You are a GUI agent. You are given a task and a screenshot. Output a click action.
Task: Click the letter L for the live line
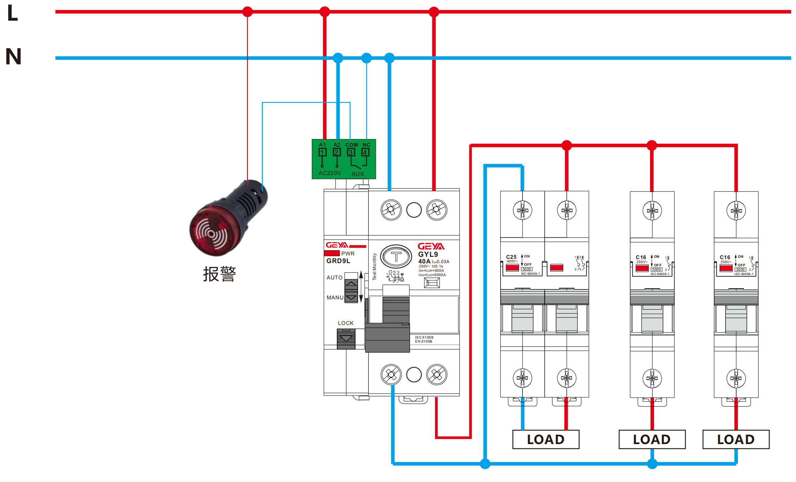point(13,13)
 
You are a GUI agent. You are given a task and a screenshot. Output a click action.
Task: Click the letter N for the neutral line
point(13,56)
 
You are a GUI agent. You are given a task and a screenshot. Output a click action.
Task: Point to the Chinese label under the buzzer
point(219,274)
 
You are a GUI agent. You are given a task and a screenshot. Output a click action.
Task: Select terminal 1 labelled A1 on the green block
point(322,152)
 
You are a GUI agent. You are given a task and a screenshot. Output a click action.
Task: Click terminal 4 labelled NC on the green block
point(365,152)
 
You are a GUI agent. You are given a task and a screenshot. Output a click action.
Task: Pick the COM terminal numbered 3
point(351,152)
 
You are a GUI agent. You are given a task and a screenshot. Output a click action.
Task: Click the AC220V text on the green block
point(330,173)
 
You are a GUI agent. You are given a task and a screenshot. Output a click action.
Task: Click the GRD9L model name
point(338,261)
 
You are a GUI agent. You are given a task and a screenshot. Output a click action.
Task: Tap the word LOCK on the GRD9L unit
point(346,323)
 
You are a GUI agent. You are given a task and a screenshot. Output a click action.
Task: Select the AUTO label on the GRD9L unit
point(334,277)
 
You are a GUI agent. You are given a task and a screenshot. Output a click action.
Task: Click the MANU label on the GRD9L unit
point(335,297)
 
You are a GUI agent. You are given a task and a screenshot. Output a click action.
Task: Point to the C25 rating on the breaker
point(511,257)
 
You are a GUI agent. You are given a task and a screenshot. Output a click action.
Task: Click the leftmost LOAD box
point(546,439)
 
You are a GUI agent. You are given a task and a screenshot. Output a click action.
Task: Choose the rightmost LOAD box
point(736,439)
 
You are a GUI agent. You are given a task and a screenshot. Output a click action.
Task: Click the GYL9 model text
point(428,254)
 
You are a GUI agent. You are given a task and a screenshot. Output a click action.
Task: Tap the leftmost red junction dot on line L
point(247,12)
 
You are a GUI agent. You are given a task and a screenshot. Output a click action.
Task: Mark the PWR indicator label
point(348,253)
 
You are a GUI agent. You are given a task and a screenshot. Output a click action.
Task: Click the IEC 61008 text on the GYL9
point(424,337)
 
